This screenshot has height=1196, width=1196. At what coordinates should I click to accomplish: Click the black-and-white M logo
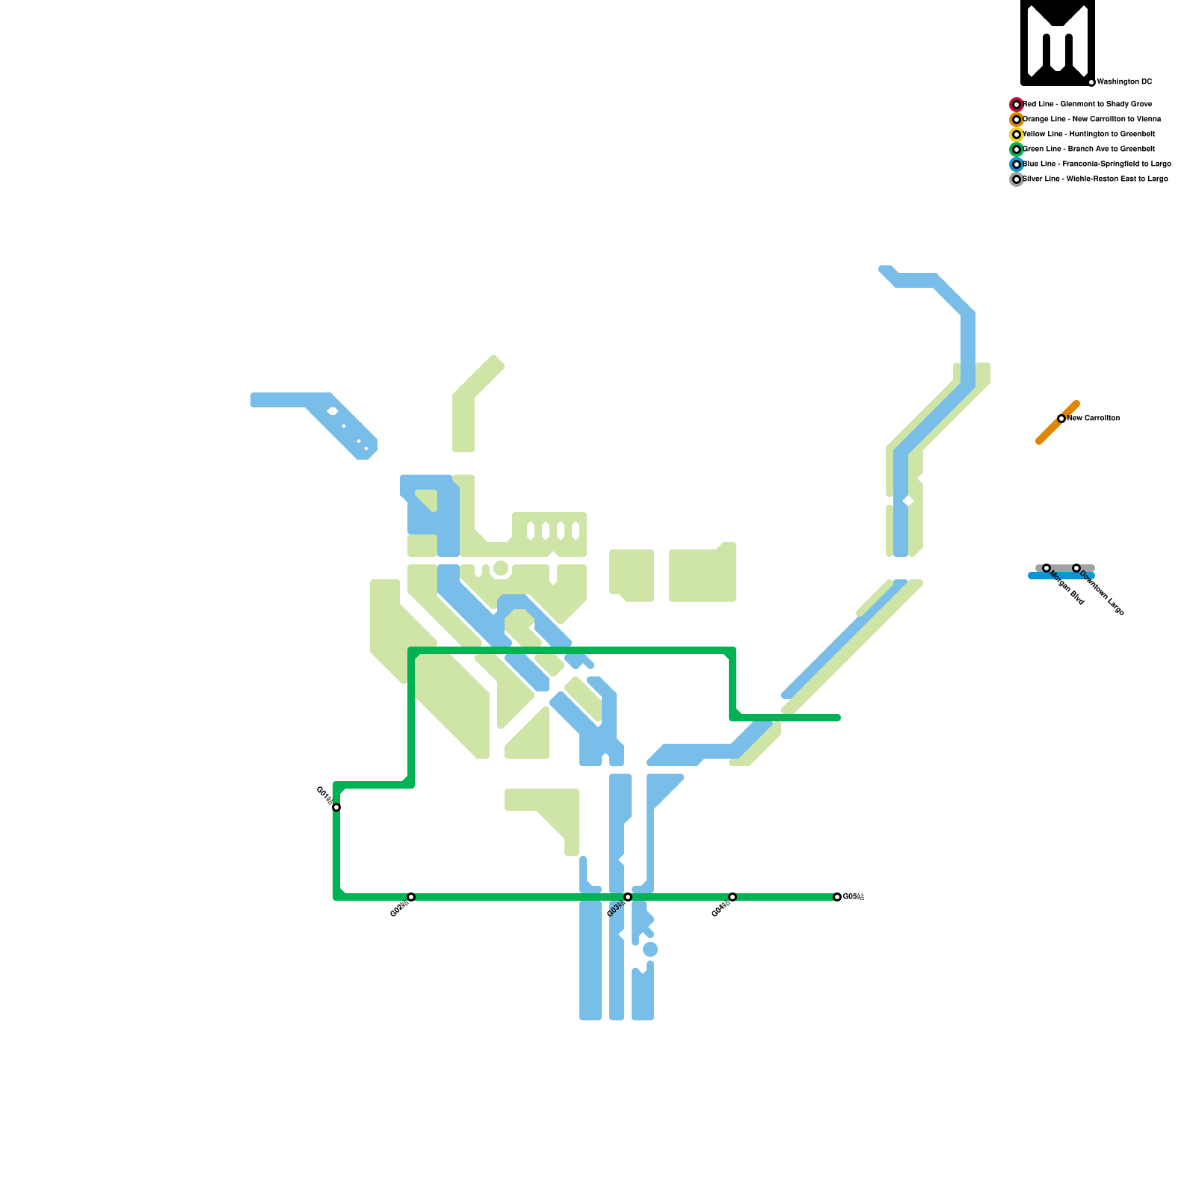click(x=1058, y=42)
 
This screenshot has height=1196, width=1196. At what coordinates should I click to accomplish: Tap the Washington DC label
click(x=1124, y=82)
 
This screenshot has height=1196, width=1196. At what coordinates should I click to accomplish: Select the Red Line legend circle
click(x=1017, y=105)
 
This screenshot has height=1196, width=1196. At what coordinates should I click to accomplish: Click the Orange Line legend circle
click(x=1017, y=120)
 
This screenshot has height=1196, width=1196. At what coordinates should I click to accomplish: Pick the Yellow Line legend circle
click(x=1017, y=135)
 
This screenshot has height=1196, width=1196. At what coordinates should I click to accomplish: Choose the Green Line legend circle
click(x=1017, y=149)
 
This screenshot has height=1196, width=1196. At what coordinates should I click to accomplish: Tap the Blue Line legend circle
click(x=1017, y=164)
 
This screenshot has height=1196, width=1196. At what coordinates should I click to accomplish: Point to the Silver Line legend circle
click(x=1017, y=179)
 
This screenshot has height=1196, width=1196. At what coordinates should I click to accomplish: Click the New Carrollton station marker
click(x=1061, y=419)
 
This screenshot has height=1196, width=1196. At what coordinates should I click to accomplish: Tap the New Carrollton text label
click(x=1094, y=419)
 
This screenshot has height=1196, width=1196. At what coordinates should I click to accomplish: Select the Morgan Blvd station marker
click(x=1046, y=568)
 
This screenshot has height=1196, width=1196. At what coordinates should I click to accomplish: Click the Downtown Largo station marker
click(x=1076, y=568)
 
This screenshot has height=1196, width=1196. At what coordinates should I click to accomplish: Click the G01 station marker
click(x=336, y=807)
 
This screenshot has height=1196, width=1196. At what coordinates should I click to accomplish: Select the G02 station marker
click(x=411, y=897)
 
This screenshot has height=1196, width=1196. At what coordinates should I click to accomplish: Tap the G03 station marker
click(x=628, y=897)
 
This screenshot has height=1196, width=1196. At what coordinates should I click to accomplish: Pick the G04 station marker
click(x=733, y=897)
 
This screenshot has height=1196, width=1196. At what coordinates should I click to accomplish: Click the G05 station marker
click(x=837, y=897)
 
